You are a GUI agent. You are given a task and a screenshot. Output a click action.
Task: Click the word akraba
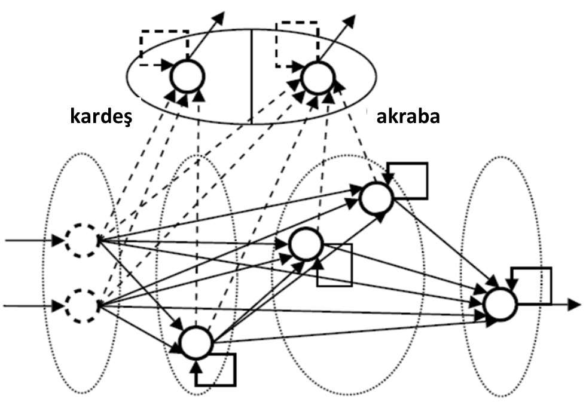click(408, 115)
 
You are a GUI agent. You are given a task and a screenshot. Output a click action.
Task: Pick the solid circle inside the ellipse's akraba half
click(318, 76)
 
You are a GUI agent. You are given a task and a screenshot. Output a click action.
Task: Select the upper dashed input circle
click(81, 241)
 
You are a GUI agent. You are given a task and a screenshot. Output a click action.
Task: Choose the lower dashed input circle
click(81, 305)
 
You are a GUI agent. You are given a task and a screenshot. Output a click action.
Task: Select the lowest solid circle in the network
click(197, 342)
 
